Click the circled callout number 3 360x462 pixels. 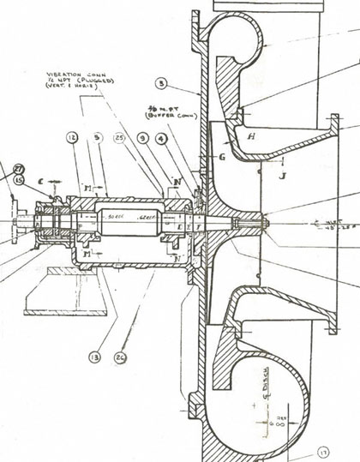[x=160, y=83]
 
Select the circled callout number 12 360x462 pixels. [x=72, y=137]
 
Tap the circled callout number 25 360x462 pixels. [x=119, y=137]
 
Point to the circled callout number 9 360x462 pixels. [x=142, y=137]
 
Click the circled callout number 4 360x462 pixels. [x=162, y=137]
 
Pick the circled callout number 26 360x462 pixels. [x=120, y=357]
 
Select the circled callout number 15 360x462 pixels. [x=18, y=180]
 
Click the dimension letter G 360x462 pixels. [x=220, y=157]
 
